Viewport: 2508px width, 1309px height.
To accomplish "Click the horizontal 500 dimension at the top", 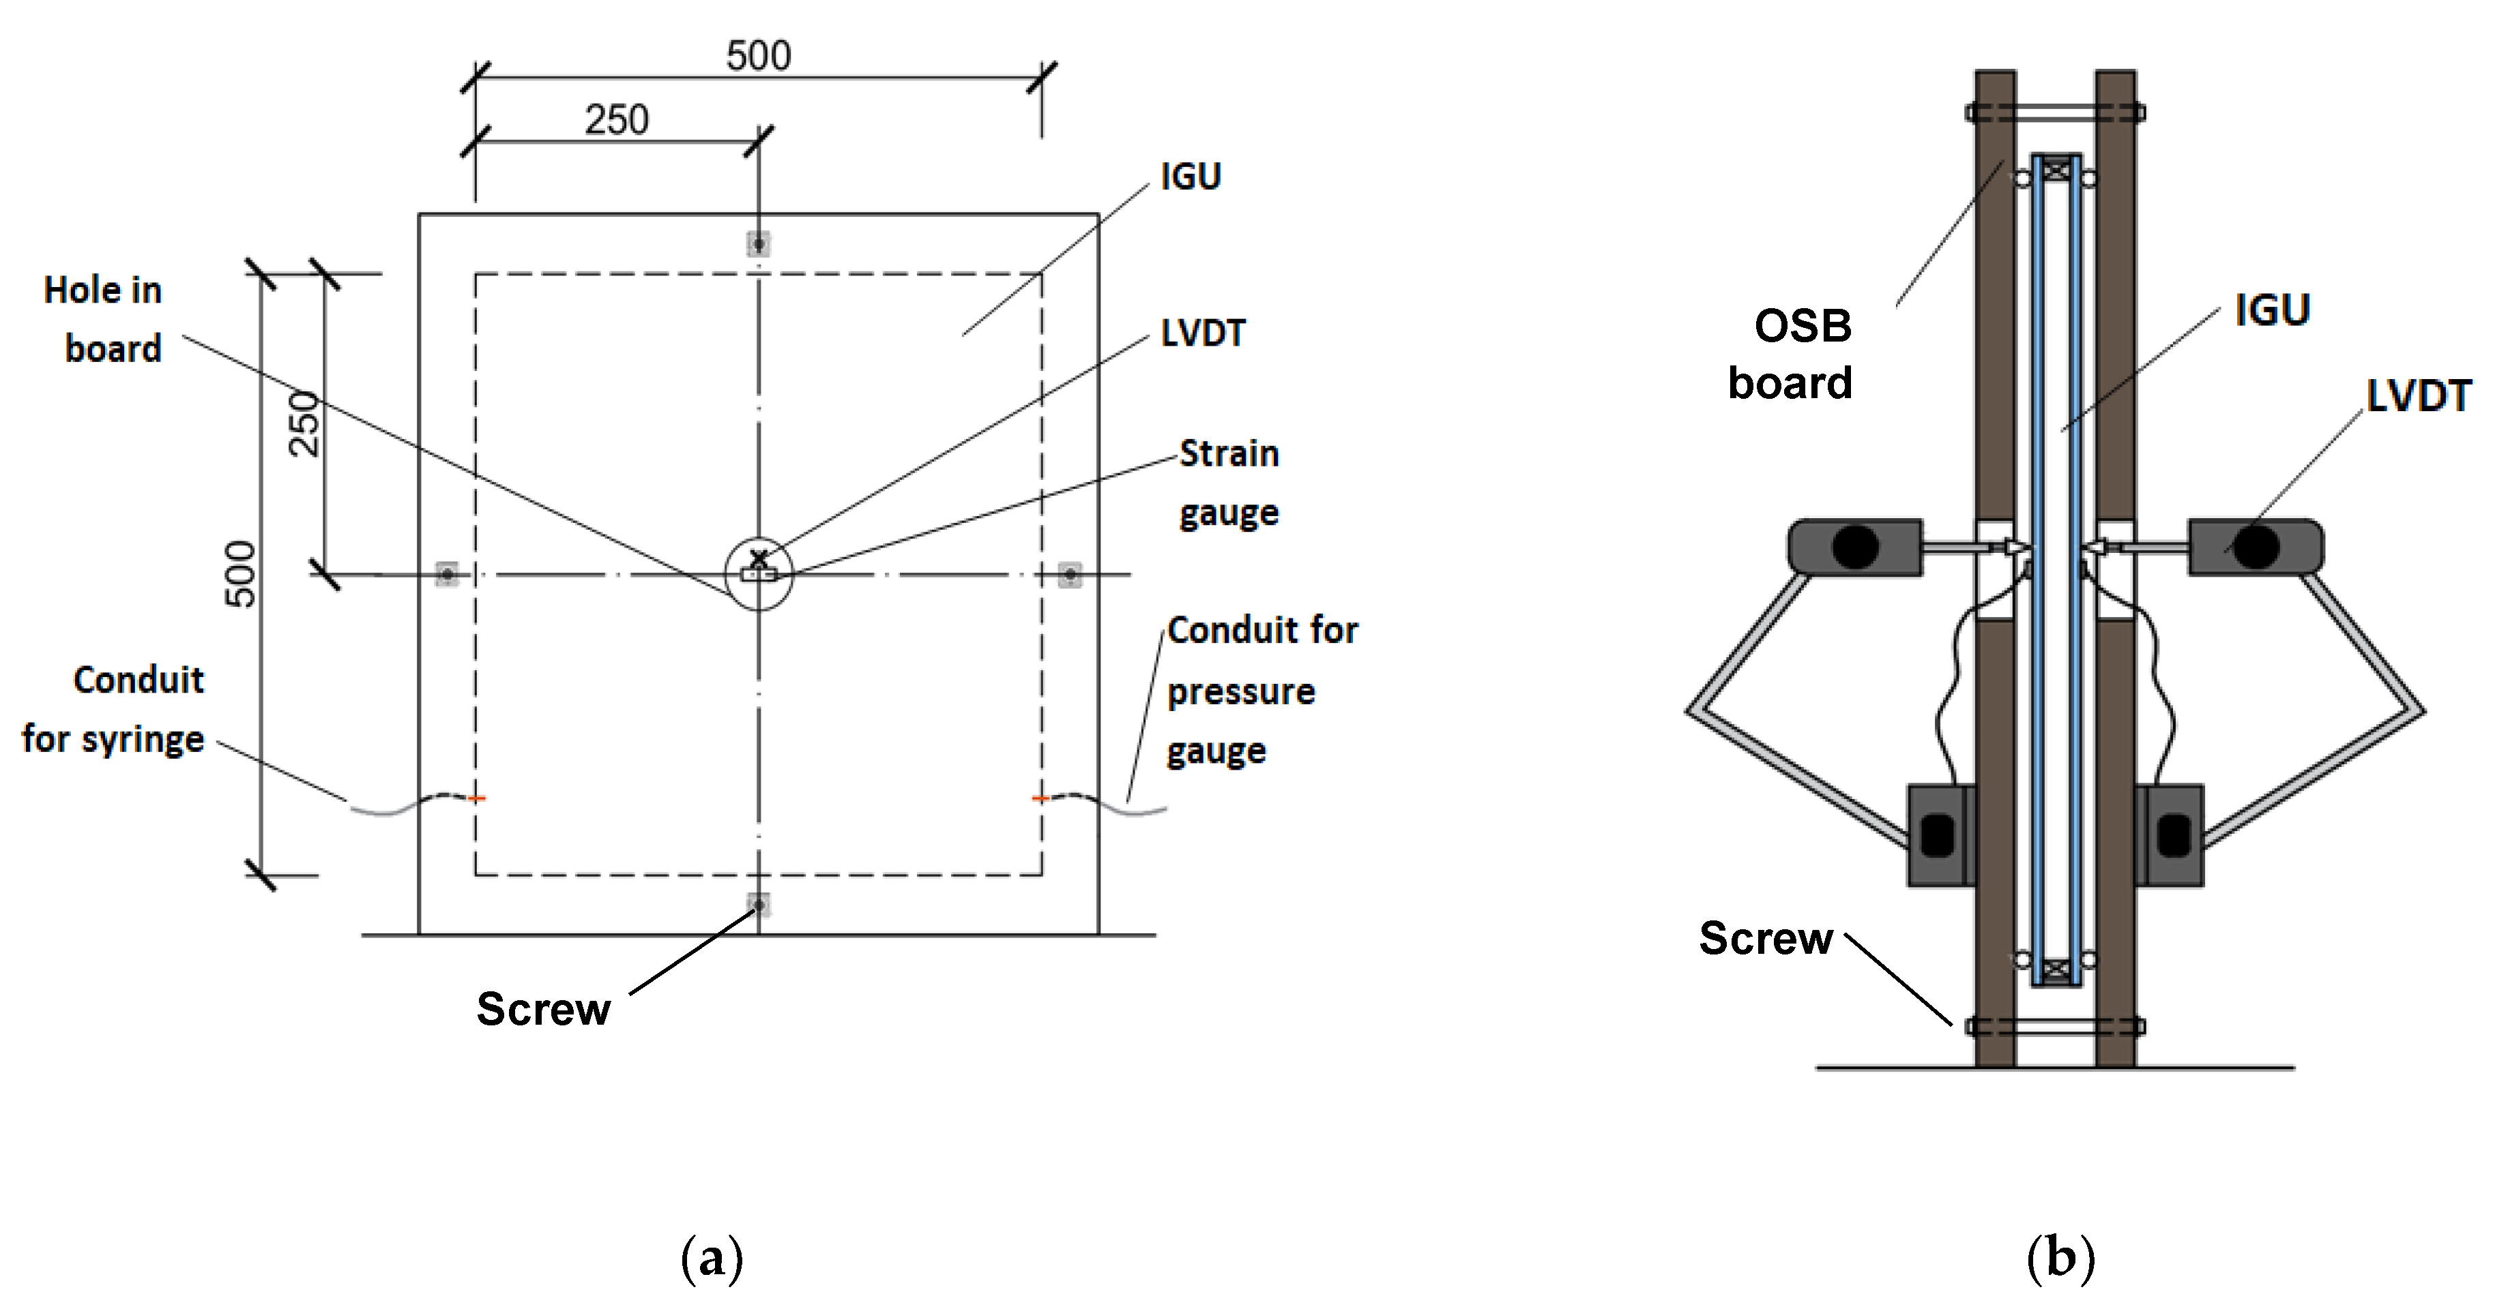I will tap(759, 55).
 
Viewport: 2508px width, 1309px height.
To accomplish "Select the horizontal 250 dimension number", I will tap(616, 120).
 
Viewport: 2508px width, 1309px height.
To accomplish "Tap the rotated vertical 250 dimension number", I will tap(305, 423).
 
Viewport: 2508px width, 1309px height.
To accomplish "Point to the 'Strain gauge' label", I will tap(1229, 483).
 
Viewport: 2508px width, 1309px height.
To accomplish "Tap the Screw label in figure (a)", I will tap(543, 1009).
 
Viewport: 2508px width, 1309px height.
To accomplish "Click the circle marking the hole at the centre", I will tap(759, 574).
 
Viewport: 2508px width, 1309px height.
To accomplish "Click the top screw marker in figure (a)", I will tap(759, 243).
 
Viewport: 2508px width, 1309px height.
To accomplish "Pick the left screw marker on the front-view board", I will tap(447, 574).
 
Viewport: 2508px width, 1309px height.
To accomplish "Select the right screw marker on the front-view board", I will tap(1070, 574).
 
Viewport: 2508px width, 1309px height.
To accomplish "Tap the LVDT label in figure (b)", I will tap(2419, 396).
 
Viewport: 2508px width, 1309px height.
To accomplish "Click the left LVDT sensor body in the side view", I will tap(1854, 547).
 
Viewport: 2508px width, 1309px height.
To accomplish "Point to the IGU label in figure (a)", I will tap(1191, 176).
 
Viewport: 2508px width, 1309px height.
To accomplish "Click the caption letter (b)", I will tap(2061, 1259).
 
